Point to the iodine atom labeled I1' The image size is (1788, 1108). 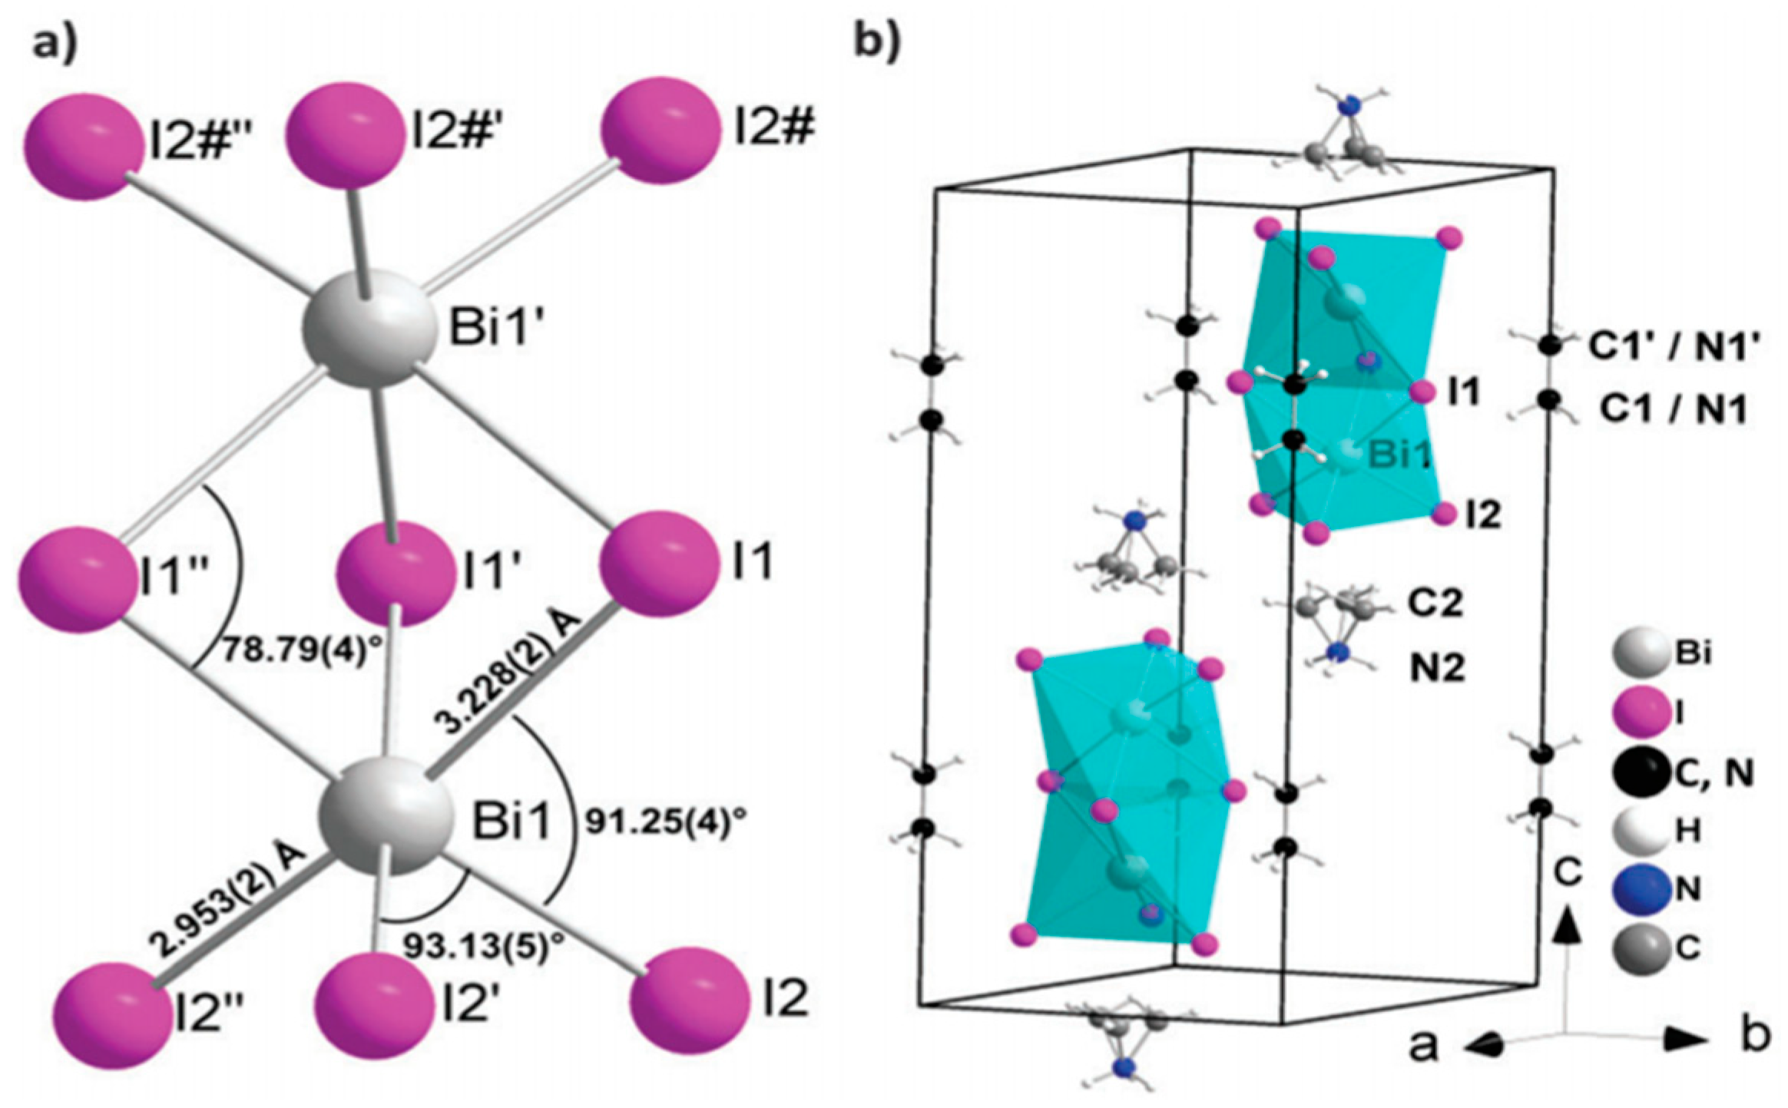tap(396, 572)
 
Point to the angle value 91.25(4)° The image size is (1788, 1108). tap(665, 822)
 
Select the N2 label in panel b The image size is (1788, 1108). tap(1437, 668)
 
